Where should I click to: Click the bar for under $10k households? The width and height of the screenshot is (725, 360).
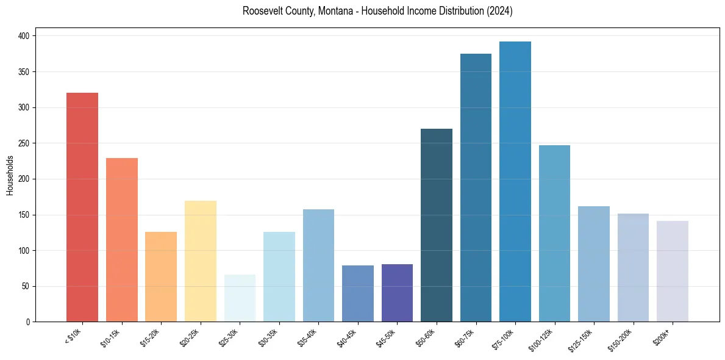coord(82,207)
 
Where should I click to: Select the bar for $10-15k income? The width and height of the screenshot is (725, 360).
coord(122,240)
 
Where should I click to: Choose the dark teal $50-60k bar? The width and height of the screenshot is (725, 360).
coord(437,225)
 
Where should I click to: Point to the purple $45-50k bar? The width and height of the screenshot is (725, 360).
coord(397,293)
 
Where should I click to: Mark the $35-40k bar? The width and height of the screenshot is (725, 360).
coord(318,265)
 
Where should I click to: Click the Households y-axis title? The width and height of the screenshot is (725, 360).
coord(10,175)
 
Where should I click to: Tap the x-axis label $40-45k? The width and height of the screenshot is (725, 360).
coord(348,336)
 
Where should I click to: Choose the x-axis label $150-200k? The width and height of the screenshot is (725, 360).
coord(622,338)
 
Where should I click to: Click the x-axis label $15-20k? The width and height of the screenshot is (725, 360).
coord(152,336)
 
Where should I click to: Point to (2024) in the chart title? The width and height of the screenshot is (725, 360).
coord(499,12)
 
